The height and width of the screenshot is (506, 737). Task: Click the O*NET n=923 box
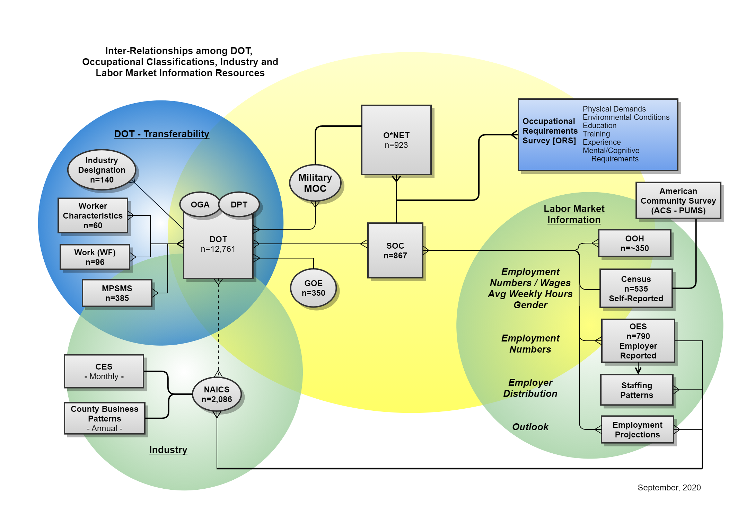[x=396, y=140]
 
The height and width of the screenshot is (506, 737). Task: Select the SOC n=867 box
[x=395, y=250]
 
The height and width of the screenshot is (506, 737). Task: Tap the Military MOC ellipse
[x=315, y=183]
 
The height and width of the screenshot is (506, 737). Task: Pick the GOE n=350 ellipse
[x=313, y=288]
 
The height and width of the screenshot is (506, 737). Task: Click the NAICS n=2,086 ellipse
[x=217, y=394]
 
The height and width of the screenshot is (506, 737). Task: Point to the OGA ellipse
[x=200, y=205]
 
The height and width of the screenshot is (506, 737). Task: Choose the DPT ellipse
[x=239, y=205]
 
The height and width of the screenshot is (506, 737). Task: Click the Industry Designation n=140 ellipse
[x=102, y=170]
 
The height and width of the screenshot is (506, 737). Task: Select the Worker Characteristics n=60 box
[x=93, y=215]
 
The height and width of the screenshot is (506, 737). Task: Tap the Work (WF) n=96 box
[x=95, y=257]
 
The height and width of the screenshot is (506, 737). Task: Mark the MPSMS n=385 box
[x=117, y=293]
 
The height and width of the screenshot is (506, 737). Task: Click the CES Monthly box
[x=104, y=371]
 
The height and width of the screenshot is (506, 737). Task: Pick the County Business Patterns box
[x=105, y=418]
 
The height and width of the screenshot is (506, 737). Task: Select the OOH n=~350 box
[x=634, y=243]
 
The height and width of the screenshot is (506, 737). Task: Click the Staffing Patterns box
[x=637, y=390]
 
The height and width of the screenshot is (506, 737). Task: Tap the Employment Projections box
[x=637, y=429]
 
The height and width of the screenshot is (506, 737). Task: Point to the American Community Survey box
[x=678, y=201]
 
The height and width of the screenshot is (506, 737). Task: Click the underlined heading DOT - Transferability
[x=161, y=134]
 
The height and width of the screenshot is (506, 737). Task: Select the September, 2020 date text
[x=669, y=488]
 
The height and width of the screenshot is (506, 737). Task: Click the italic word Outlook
[x=530, y=427]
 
